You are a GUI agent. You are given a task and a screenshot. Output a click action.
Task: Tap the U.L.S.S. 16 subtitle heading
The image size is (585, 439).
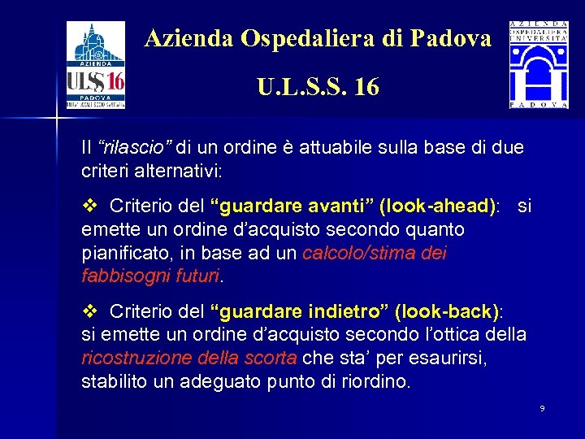318,86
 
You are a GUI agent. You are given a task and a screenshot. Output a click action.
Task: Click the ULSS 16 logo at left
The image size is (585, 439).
95,65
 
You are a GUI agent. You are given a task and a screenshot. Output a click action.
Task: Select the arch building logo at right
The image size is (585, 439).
539,65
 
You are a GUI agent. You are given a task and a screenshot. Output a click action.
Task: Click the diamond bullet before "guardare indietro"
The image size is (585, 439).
90,311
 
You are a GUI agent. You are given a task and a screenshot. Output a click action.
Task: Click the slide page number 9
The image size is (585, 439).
542,407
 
